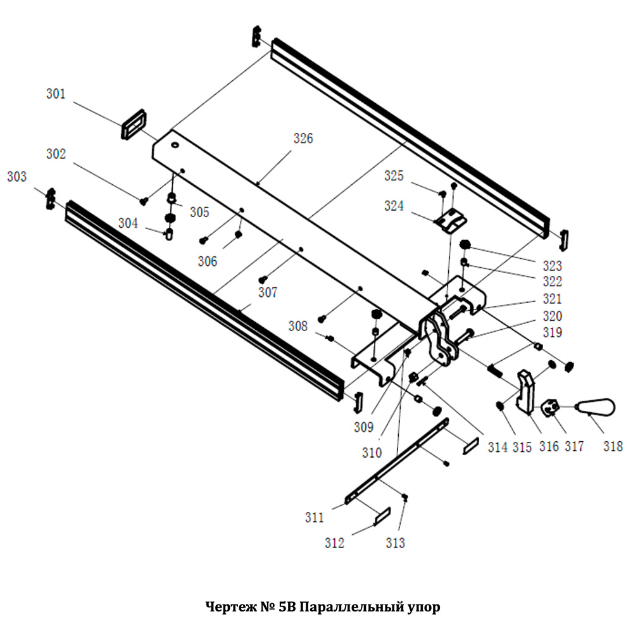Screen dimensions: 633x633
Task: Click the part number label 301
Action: [56, 94]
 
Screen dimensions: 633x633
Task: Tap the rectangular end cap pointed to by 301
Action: [134, 123]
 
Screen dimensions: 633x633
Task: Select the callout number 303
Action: [18, 177]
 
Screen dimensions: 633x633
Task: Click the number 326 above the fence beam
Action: [303, 139]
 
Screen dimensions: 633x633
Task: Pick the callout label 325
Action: [394, 175]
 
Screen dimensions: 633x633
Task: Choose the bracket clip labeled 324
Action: [451, 221]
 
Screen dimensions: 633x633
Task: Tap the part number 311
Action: [314, 518]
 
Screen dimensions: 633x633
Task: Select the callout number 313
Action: [395, 542]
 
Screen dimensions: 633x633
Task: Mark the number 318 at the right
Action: [613, 446]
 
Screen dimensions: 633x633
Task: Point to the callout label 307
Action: [268, 292]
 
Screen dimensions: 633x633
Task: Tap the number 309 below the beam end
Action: [363, 428]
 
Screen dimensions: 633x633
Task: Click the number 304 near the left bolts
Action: [128, 223]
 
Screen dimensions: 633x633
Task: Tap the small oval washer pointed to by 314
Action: [499, 406]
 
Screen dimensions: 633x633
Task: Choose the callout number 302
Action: [56, 154]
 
